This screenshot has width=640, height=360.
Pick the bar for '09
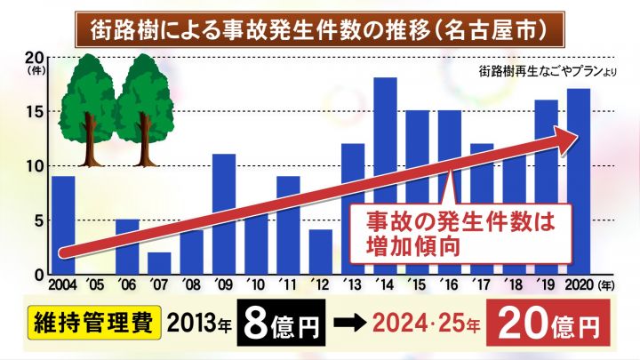point(224,213)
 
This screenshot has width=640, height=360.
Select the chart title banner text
point(319,29)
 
